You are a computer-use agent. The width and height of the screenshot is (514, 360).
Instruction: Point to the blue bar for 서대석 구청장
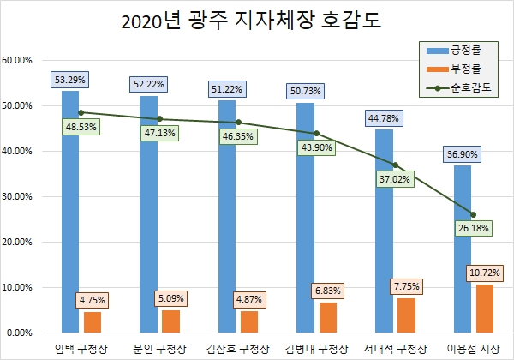coord(383,231)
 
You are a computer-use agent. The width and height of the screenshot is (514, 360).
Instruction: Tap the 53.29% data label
coord(70,81)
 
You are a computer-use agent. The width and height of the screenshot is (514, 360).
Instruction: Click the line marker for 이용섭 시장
coord(473,214)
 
